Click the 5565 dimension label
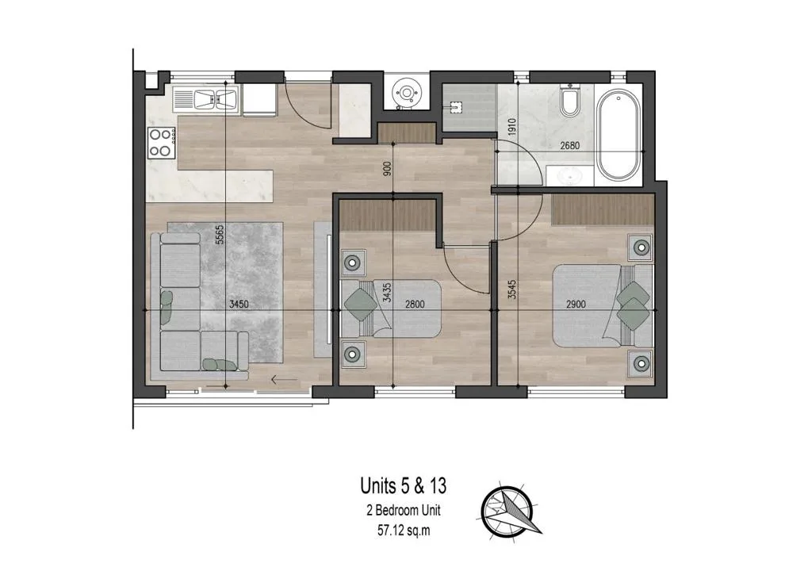pyautogui.click(x=220, y=235)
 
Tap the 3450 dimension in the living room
pyautogui.click(x=239, y=305)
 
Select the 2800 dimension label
pyautogui.click(x=415, y=305)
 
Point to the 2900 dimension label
pyautogui.click(x=576, y=305)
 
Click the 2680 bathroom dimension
pyautogui.click(x=570, y=146)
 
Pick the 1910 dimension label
pyautogui.click(x=511, y=128)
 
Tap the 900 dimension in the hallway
pyautogui.click(x=388, y=168)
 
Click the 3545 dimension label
pyautogui.click(x=511, y=289)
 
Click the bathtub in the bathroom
pyautogui.click(x=618, y=136)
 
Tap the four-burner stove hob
pyautogui.click(x=161, y=143)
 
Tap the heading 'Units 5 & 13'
pyautogui.click(x=404, y=486)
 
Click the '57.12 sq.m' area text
pyautogui.click(x=404, y=531)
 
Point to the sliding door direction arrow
pyautogui.click(x=284, y=381)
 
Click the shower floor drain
pyautogui.click(x=454, y=107)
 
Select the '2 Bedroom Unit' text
pyautogui.click(x=404, y=511)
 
